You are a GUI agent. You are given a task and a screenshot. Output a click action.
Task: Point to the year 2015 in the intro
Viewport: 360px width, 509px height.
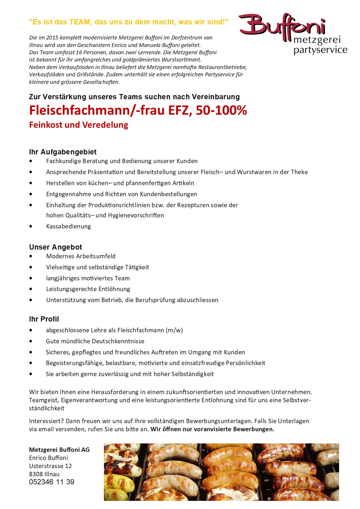(x=52, y=38)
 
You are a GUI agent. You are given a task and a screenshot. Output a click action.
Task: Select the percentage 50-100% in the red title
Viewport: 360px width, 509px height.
(x=221, y=111)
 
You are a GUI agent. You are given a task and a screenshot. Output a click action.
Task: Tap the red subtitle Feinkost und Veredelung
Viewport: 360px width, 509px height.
(x=79, y=125)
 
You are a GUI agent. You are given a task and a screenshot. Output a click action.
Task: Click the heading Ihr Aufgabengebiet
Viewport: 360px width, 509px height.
(x=63, y=152)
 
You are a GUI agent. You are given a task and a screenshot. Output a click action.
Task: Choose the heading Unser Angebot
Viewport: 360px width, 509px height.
(x=55, y=247)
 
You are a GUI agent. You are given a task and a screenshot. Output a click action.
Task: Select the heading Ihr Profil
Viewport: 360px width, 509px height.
(x=44, y=319)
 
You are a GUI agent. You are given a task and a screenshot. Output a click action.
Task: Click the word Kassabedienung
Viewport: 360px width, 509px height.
(x=69, y=226)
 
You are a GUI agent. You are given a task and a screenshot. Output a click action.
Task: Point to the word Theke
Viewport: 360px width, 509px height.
(x=299, y=172)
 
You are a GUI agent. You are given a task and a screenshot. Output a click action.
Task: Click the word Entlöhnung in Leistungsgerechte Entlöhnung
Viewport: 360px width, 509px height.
(x=114, y=289)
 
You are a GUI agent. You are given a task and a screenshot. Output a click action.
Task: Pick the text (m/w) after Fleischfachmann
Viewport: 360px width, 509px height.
(x=174, y=330)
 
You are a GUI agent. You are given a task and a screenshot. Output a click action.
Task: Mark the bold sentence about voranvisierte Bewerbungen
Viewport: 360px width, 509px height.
(x=212, y=429)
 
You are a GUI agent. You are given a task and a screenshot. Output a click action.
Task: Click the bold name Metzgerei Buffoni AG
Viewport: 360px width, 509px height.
(x=59, y=450)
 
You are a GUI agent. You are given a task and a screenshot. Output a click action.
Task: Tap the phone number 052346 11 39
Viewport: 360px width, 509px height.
(x=52, y=482)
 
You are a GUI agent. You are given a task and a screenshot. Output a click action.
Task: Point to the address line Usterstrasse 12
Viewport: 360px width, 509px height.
(x=50, y=466)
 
